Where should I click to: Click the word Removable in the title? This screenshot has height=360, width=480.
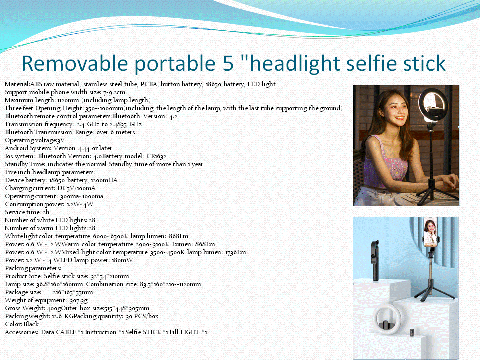tap(74, 63)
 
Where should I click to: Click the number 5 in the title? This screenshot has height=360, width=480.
tap(228, 63)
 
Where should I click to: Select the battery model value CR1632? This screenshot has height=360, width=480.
tap(156, 156)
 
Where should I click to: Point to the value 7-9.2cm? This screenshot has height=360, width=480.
tap(115, 92)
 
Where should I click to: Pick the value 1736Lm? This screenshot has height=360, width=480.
tap(235, 252)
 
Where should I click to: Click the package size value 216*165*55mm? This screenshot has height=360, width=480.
tap(73, 292)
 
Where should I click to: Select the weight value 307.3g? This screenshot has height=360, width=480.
tap(78, 300)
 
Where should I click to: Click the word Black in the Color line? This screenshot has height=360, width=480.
tap(31, 324)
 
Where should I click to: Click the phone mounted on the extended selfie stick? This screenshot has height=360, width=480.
tap(430, 232)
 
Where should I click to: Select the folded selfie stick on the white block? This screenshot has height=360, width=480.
tap(375, 260)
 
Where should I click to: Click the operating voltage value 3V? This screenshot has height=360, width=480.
tap(61, 140)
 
